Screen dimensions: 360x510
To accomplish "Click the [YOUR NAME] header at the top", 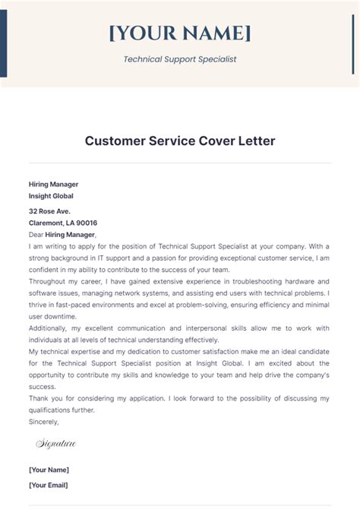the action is pyautogui.click(x=179, y=33).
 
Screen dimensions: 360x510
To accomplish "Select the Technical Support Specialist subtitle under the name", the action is pyautogui.click(x=179, y=59).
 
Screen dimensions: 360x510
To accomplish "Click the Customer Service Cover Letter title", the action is pyautogui.click(x=180, y=141).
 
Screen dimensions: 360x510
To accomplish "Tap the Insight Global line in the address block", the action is pyautogui.click(x=51, y=195).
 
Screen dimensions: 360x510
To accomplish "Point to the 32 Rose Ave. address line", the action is pyautogui.click(x=50, y=211).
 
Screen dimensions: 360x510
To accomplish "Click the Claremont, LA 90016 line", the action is pyautogui.click(x=63, y=223).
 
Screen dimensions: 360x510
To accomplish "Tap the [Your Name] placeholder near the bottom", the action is pyautogui.click(x=49, y=470).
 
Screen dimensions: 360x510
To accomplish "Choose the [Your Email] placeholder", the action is pyautogui.click(x=49, y=485).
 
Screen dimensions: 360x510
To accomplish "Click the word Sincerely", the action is pyautogui.click(x=43, y=421).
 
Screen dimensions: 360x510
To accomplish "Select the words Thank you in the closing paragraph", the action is pyautogui.click(x=45, y=399).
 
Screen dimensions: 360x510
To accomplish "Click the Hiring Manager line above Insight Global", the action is pyautogui.click(x=53, y=184).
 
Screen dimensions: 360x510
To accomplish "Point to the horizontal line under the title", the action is pyautogui.click(x=180, y=163).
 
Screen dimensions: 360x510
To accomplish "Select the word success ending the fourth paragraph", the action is pyautogui.click(x=43, y=387).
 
